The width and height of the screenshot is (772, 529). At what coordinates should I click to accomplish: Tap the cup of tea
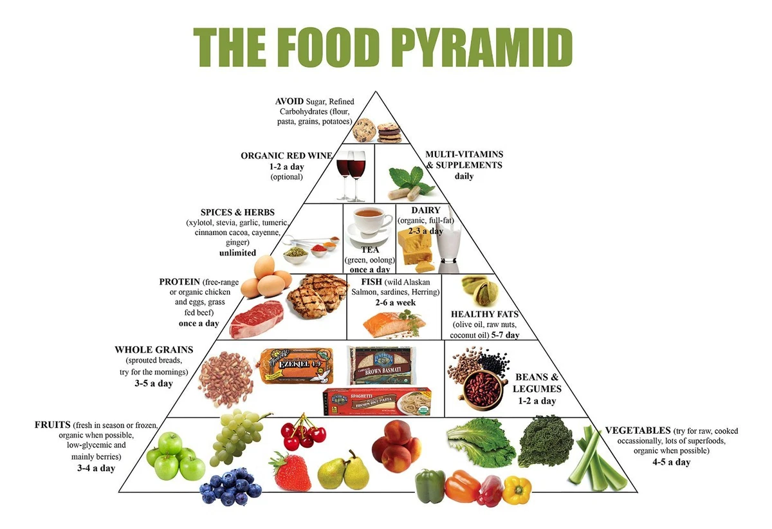(369, 223)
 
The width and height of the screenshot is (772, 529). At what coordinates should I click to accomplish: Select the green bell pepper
(430, 486)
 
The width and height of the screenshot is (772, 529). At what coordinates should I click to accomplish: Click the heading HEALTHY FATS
(484, 315)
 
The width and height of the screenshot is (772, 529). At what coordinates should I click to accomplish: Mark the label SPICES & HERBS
(237, 212)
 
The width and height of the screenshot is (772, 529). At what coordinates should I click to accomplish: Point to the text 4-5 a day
(671, 461)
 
